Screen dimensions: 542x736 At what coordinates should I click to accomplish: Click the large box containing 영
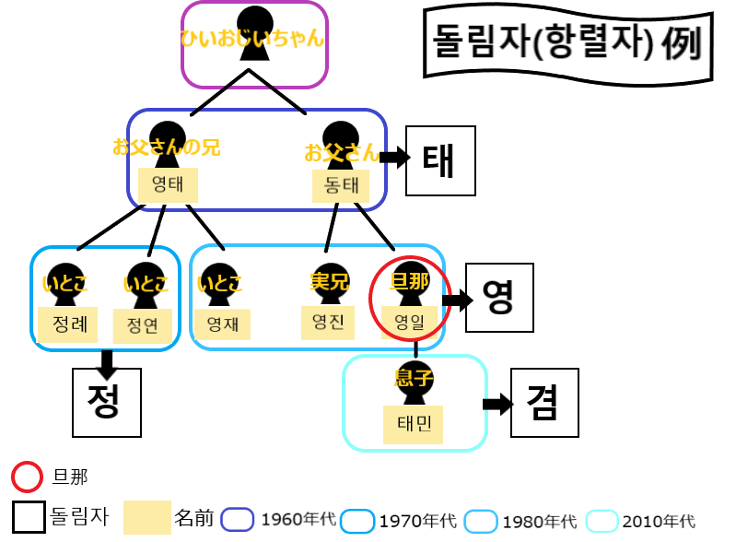pos(499,297)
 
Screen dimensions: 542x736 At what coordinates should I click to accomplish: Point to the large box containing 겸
pos(545,403)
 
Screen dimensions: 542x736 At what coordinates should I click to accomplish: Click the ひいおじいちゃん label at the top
pos(252,40)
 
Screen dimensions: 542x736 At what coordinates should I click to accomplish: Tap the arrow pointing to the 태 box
pos(395,158)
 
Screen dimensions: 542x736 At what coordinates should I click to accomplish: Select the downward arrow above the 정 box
pos(108,363)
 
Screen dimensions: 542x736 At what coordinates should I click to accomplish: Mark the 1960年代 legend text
pos(294,520)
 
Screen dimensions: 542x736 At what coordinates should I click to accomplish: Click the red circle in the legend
pos(27,477)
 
